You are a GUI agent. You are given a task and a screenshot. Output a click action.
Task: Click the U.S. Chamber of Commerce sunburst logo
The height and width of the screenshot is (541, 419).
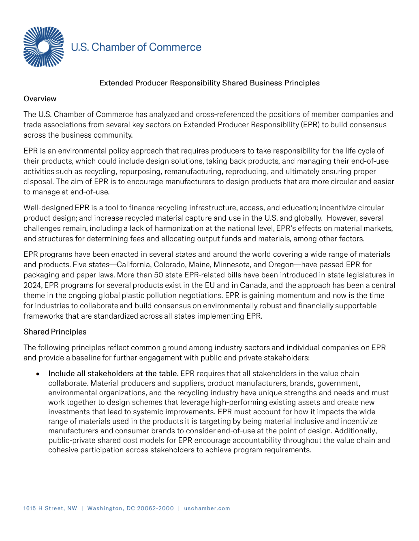pyautogui.click(x=43, y=47)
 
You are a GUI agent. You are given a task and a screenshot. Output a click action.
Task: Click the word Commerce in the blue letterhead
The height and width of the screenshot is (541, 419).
pyautogui.click(x=175, y=47)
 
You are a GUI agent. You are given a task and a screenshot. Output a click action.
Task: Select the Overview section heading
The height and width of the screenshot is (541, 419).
pyautogui.click(x=40, y=99)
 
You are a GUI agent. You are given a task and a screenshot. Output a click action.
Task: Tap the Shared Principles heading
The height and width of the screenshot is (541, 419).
pyautogui.click(x=55, y=332)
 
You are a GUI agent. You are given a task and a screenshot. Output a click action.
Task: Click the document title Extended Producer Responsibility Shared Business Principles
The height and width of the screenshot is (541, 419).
pyautogui.click(x=209, y=83)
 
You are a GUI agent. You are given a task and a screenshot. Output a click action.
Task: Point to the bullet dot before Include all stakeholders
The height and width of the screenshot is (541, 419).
pyautogui.click(x=38, y=374)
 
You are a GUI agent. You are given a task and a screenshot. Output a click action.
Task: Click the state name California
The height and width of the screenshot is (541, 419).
pyautogui.click(x=134, y=265)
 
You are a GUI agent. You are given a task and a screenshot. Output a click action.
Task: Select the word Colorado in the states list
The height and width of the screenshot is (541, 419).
pyautogui.click(x=172, y=265)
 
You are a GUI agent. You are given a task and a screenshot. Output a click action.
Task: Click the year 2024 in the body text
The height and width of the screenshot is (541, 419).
pyautogui.click(x=32, y=285)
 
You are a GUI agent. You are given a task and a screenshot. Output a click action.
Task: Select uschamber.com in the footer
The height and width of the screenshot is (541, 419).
pyautogui.click(x=207, y=509)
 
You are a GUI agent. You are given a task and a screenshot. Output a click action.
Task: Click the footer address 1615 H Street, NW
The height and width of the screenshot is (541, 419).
pyautogui.click(x=50, y=509)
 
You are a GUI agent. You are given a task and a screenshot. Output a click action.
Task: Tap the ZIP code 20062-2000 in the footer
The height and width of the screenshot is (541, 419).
pyautogui.click(x=155, y=509)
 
